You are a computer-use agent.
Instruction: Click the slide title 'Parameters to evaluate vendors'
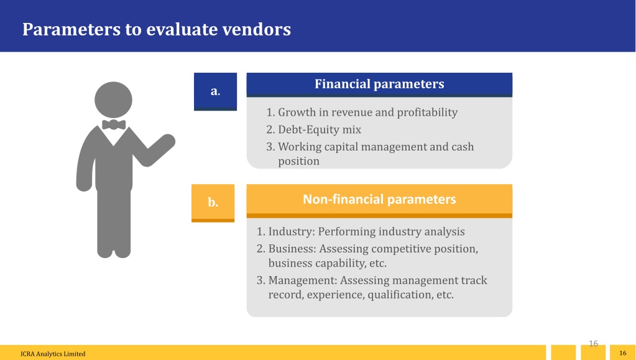coord(157,29)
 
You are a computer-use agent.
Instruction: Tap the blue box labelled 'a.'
coord(215,91)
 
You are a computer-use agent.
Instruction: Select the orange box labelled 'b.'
coord(213,203)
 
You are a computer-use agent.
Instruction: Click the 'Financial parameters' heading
coord(379,84)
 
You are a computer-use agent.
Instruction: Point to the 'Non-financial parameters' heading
coord(379,200)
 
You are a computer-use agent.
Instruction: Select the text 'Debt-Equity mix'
coord(320,129)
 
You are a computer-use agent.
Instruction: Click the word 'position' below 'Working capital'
coord(298,162)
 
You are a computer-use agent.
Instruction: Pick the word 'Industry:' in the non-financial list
coord(292,232)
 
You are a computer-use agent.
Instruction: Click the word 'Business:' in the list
coord(292,248)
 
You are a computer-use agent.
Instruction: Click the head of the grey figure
coord(114,100)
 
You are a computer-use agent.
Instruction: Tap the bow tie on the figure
coord(114,124)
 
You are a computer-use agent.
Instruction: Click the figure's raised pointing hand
coord(165,143)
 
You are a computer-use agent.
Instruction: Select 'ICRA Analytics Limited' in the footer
coord(53,354)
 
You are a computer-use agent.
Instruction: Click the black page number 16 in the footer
coord(622,353)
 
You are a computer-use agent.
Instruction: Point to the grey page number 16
coord(593,344)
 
